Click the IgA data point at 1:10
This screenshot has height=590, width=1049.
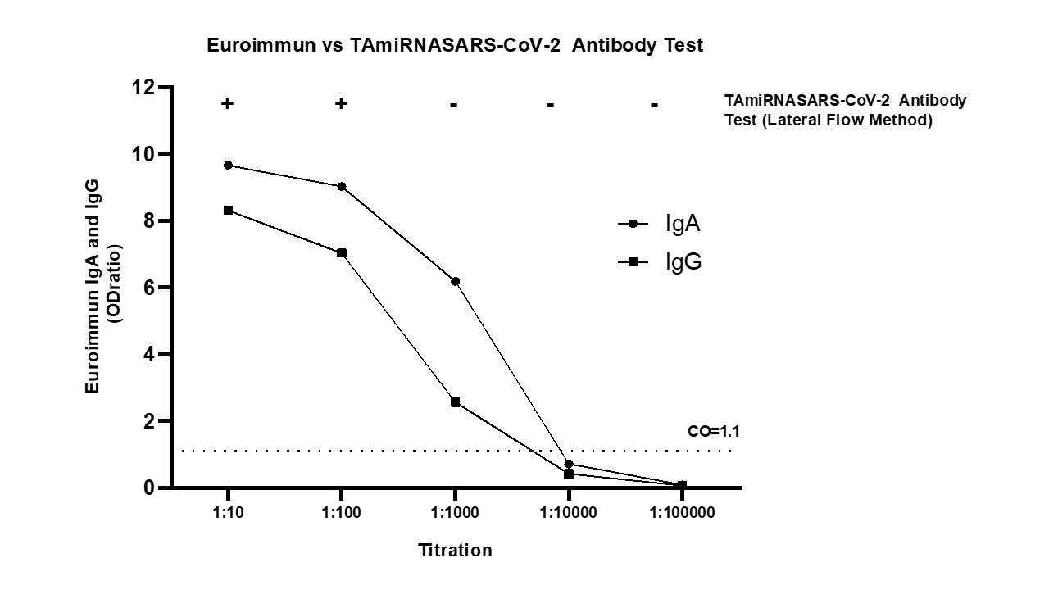click(228, 166)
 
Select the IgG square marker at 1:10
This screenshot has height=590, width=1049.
click(228, 211)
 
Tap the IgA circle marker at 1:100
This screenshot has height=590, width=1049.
click(342, 186)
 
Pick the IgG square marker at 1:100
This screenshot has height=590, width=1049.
click(342, 252)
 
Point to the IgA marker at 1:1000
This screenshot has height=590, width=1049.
click(455, 281)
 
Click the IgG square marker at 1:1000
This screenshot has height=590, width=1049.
click(455, 402)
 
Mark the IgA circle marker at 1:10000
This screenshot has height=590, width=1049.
click(569, 465)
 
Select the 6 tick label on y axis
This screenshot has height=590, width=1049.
click(150, 288)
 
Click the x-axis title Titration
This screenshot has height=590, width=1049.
click(455, 550)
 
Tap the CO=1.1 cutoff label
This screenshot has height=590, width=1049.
click(708, 431)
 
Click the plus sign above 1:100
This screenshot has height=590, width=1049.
click(341, 103)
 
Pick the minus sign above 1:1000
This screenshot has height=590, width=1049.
click(453, 104)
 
